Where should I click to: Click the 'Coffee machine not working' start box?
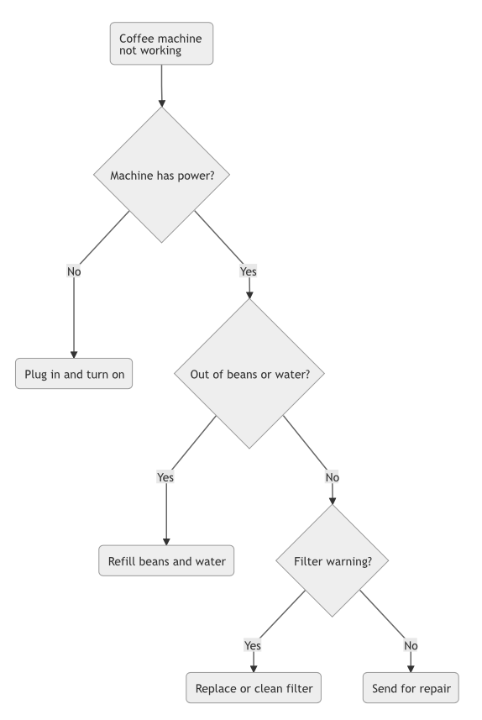pyautogui.click(x=161, y=44)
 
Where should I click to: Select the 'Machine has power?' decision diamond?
pyautogui.click(x=161, y=176)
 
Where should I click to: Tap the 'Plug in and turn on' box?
pyautogui.click(x=74, y=374)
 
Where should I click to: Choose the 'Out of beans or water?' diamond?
pyautogui.click(x=249, y=374)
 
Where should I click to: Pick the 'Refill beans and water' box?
pyautogui.click(x=165, y=560)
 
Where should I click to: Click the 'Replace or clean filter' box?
pyautogui.click(x=253, y=689)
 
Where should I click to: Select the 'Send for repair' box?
pyautogui.click(x=411, y=689)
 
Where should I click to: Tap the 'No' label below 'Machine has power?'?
pyautogui.click(x=74, y=271)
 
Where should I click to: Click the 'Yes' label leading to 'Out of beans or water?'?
pyautogui.click(x=249, y=271)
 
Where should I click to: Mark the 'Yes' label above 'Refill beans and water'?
pyautogui.click(x=165, y=476)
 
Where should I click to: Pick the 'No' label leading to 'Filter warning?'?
pyautogui.click(x=332, y=476)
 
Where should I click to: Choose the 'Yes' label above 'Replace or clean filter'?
pyautogui.click(x=253, y=645)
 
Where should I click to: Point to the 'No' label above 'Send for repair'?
pyautogui.click(x=411, y=645)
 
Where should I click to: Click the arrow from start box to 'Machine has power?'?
pyautogui.click(x=161, y=84)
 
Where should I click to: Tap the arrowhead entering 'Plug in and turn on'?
pyautogui.click(x=74, y=354)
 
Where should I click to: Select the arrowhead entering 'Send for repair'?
pyautogui.click(x=411, y=670)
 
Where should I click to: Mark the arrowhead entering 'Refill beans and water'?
pyautogui.click(x=165, y=541)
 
